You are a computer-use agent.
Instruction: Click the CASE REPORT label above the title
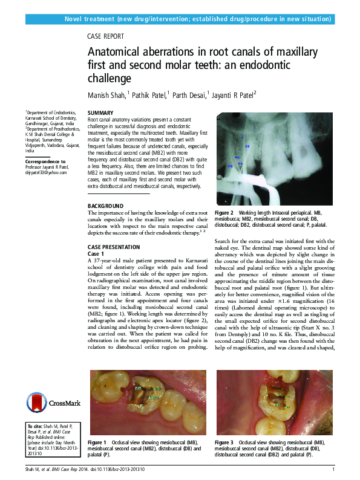point(106,36)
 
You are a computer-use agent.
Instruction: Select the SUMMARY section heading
point(100,114)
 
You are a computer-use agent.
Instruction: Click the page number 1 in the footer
point(333,470)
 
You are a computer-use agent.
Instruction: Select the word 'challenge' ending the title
point(110,79)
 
